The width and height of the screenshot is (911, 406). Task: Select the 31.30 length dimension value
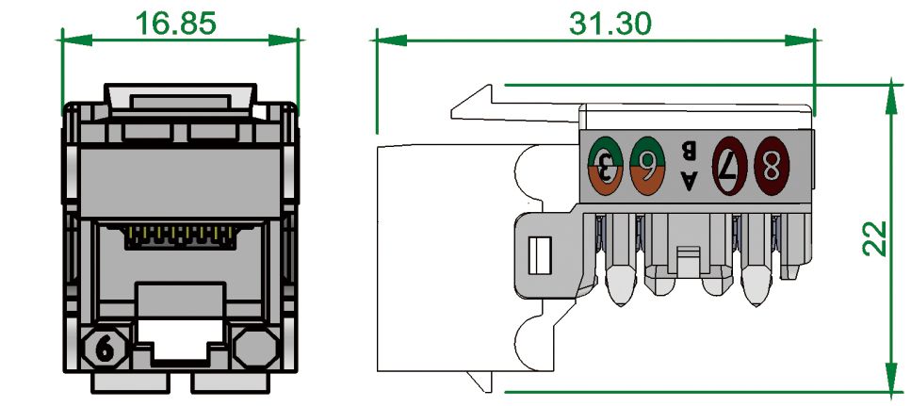(610, 23)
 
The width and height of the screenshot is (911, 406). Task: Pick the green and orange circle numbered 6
(647, 166)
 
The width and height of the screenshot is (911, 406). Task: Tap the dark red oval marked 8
(772, 166)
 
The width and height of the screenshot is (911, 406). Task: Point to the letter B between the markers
(689, 151)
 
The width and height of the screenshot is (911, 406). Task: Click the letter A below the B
(689, 179)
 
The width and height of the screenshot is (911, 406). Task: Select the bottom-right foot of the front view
(230, 382)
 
